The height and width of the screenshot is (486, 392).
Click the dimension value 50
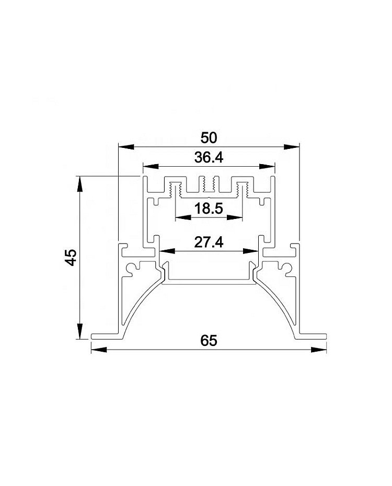tap(209, 138)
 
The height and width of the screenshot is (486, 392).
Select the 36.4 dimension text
tap(209, 158)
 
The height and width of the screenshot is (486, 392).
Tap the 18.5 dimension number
tap(209, 209)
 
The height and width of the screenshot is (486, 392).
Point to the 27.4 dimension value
tap(209, 242)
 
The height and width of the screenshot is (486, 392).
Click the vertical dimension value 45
tap(72, 257)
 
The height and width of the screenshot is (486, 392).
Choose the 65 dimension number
tap(209, 341)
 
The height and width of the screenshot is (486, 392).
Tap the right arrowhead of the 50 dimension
tap(292, 147)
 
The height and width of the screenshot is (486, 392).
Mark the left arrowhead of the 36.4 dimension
tap(151, 167)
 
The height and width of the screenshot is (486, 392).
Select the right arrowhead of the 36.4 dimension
tap(267, 167)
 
